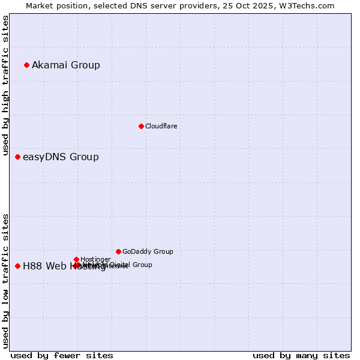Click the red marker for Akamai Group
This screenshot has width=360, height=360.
pyautogui.click(x=26, y=65)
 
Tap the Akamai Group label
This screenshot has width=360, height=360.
pyautogui.click(x=66, y=65)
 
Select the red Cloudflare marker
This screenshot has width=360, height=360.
pyautogui.click(x=141, y=126)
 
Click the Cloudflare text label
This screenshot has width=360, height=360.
pyautogui.click(x=161, y=126)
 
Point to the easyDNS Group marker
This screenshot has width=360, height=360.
pyautogui.click(x=17, y=157)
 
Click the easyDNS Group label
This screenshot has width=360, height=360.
pyautogui.click(x=61, y=157)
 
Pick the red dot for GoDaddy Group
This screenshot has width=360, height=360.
pyautogui.click(x=118, y=251)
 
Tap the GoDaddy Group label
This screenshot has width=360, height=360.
pyautogui.click(x=148, y=251)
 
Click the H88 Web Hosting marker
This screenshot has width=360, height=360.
pyautogui.click(x=17, y=266)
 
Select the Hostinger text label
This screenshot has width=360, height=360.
pyautogui.click(x=95, y=259)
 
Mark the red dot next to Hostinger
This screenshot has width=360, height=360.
pyautogui.click(x=76, y=259)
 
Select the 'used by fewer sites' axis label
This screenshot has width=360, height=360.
pyautogui.click(x=62, y=355)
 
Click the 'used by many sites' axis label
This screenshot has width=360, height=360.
pyautogui.click(x=301, y=355)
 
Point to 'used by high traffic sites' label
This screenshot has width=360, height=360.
pyautogui.click(x=5, y=85)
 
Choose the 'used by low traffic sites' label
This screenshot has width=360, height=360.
pyautogui.click(x=5, y=281)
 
